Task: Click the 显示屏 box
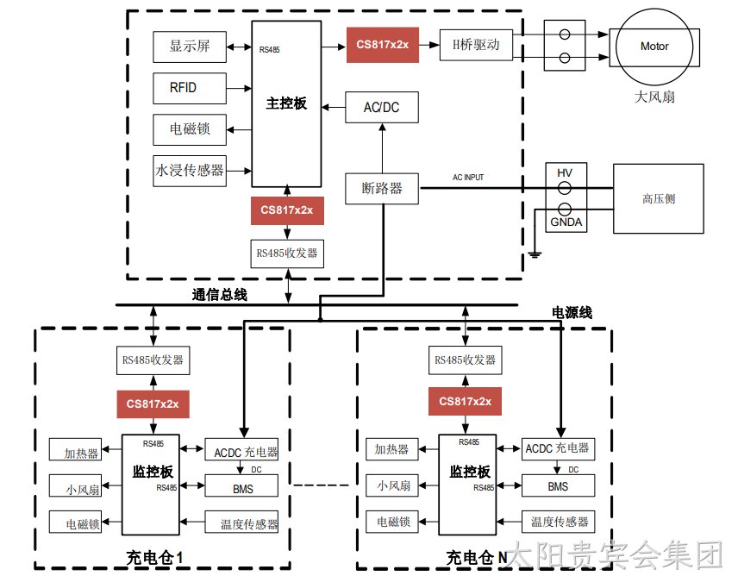point(190,47)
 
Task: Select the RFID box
point(190,88)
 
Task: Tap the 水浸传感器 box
point(190,171)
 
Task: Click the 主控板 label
point(286,103)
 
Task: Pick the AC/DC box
point(382,108)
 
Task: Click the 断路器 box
point(382,188)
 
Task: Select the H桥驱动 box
point(476,45)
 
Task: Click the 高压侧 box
point(659,198)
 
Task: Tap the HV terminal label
point(565,172)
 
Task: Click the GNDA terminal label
point(566,222)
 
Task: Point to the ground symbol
point(535,254)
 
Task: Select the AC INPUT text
point(468,177)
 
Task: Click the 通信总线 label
point(219,295)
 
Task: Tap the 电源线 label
point(572,313)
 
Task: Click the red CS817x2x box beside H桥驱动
point(383,45)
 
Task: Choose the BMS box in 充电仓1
point(241,485)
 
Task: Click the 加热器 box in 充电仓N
point(392,448)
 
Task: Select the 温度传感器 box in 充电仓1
point(241,522)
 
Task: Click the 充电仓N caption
point(477,558)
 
